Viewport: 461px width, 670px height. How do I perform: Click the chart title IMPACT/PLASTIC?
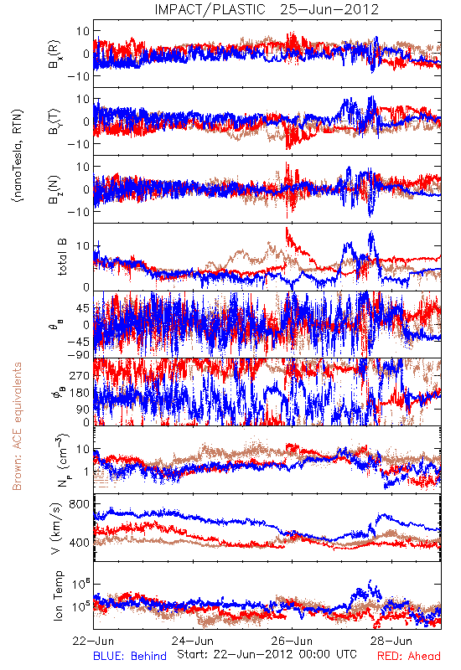[210, 9]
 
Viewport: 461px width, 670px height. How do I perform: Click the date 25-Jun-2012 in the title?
[329, 9]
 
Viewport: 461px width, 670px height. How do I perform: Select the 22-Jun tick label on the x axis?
[93, 641]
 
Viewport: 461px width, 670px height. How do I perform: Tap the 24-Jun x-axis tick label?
[193, 641]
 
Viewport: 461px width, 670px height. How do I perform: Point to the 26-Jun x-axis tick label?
[292, 641]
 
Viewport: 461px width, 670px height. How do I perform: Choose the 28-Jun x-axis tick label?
[391, 641]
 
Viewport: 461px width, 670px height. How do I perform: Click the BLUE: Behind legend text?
[130, 656]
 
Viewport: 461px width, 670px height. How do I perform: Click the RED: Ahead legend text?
[409, 656]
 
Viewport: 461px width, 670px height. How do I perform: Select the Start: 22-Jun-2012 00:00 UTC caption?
[267, 654]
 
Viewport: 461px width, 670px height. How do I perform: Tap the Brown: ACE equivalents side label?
[17, 426]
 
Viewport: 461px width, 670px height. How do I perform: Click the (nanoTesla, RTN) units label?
[18, 156]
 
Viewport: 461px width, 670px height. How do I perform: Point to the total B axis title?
[62, 257]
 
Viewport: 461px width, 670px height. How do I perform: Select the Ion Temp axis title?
[58, 595]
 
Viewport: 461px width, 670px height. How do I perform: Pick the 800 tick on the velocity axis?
[79, 504]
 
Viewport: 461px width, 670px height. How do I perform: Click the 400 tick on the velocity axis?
[79, 543]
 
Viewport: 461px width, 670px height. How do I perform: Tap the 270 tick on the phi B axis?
[80, 375]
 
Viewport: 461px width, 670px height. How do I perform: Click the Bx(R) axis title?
[54, 54]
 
